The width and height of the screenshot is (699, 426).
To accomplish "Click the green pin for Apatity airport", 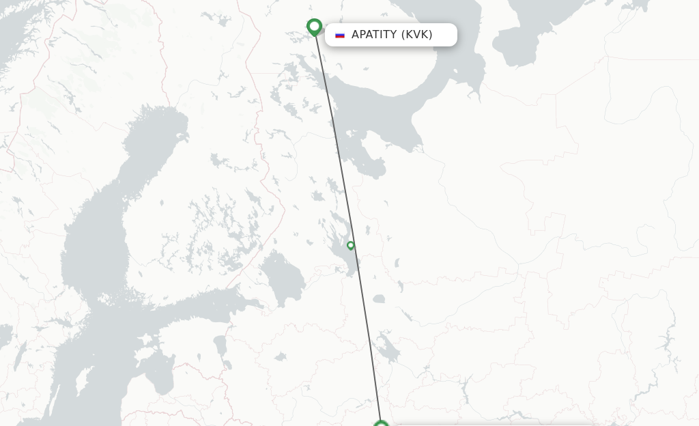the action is (x=314, y=27).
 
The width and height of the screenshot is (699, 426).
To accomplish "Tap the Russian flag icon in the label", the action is (x=340, y=35).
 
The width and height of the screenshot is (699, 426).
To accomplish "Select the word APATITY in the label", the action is (x=374, y=35).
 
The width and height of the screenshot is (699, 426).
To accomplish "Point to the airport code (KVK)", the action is (x=417, y=35).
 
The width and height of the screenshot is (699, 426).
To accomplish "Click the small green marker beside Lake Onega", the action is (x=351, y=246).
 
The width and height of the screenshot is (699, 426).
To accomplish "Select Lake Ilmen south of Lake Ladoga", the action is (x=281, y=356).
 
